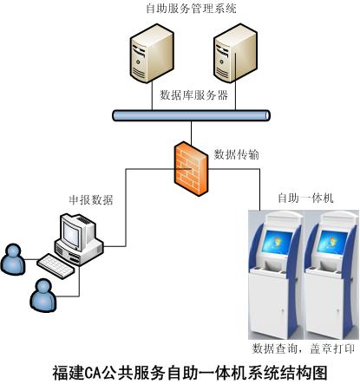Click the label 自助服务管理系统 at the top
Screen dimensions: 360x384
click(x=191, y=8)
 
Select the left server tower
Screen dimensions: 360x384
click(x=152, y=54)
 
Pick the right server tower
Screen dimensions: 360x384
click(x=235, y=53)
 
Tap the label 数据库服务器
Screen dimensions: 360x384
click(x=193, y=94)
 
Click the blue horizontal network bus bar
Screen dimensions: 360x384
click(x=191, y=115)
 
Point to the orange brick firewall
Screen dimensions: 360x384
click(x=191, y=168)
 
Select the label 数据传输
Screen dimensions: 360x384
click(x=236, y=154)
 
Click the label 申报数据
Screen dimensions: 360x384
click(x=91, y=200)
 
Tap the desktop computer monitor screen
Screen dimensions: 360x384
click(x=71, y=233)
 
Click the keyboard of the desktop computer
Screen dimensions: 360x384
click(x=56, y=265)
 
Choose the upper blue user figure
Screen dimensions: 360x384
click(x=13, y=259)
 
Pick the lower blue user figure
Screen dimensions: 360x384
click(x=43, y=296)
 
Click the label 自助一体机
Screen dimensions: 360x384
click(x=305, y=199)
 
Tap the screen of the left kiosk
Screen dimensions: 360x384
click(x=277, y=242)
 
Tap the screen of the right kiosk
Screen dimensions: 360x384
click(x=332, y=242)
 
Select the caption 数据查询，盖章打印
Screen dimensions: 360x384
click(x=304, y=348)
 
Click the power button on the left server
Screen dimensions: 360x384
click(x=138, y=62)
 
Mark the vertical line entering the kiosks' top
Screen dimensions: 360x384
click(x=259, y=190)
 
